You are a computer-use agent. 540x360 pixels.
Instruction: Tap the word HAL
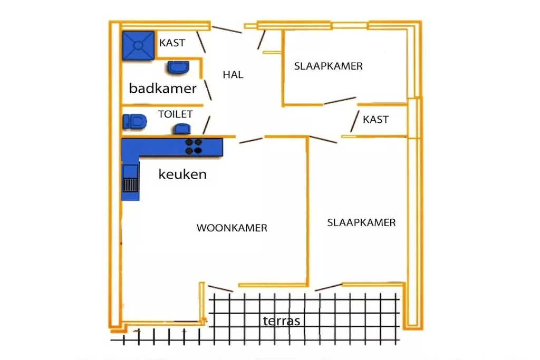(x=233, y=75)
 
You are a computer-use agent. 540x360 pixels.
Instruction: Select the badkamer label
(x=162, y=88)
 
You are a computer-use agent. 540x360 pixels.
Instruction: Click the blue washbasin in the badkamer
(x=179, y=67)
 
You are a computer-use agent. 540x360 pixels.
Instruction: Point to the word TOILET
(x=175, y=114)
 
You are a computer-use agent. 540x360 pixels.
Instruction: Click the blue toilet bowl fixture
(x=134, y=121)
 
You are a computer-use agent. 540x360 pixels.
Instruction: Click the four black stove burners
(x=194, y=147)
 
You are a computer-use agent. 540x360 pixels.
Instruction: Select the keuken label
(x=182, y=174)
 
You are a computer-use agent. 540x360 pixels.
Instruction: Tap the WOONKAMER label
(x=232, y=228)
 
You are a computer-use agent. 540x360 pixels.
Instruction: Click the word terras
(x=282, y=320)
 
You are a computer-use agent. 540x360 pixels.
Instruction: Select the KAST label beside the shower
(x=172, y=43)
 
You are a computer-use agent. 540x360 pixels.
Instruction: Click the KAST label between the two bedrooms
(x=375, y=120)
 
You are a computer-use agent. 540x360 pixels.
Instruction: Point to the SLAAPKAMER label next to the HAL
(x=329, y=66)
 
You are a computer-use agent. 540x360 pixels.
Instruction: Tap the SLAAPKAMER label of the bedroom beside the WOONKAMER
(x=361, y=222)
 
